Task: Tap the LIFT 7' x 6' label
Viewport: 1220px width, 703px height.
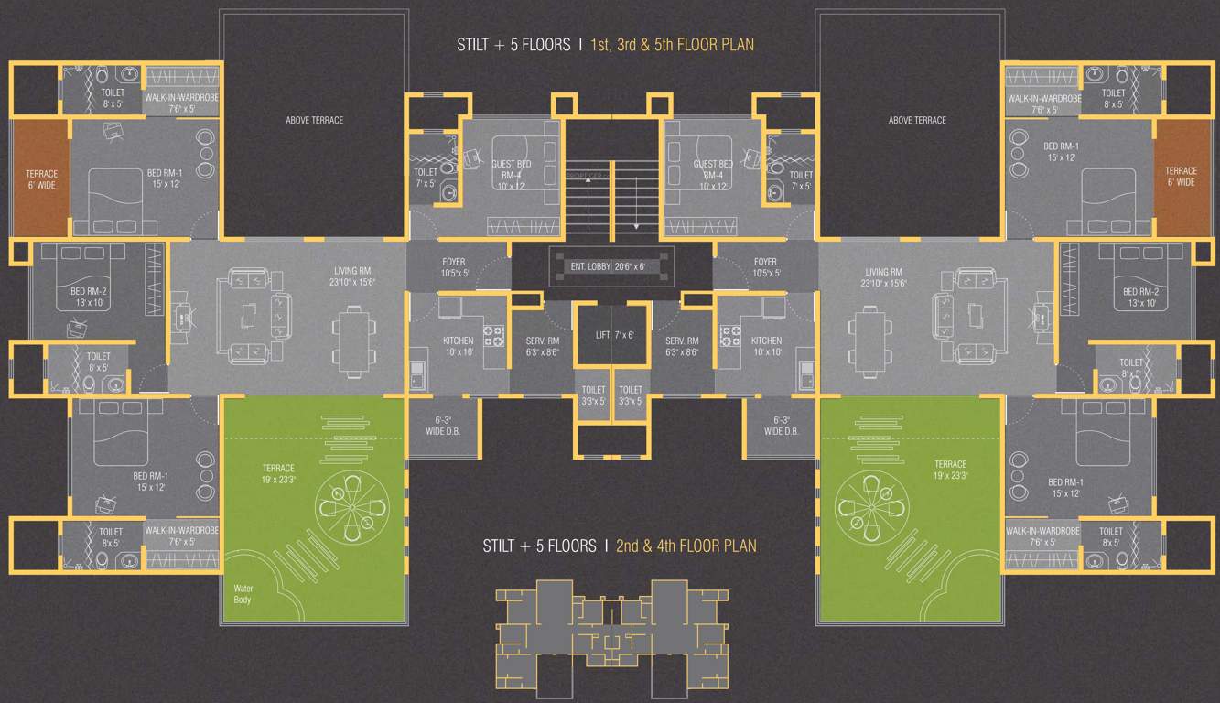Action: (615, 335)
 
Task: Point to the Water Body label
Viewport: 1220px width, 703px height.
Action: (243, 594)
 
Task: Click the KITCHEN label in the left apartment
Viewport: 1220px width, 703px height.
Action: (458, 346)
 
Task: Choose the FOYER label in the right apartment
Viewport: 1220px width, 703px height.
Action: (765, 267)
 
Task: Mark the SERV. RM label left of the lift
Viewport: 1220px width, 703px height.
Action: (542, 346)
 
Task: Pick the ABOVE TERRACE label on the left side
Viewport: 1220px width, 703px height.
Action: (314, 120)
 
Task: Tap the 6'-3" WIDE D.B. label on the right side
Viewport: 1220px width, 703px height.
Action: (781, 427)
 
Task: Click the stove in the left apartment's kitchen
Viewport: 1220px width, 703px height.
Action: (495, 336)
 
